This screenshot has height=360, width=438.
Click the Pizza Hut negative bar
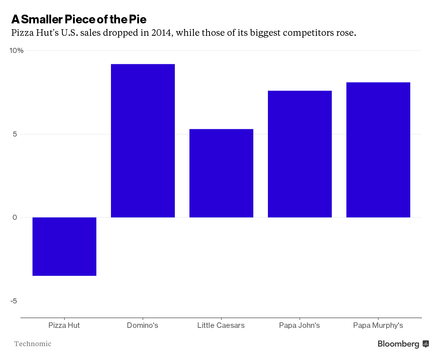point(64,246)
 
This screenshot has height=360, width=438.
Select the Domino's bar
point(143,141)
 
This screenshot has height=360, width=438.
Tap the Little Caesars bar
point(221,173)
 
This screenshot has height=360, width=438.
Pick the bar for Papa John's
point(300,154)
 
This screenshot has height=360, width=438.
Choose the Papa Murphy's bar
point(378,150)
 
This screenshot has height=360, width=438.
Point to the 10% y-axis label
point(16,50)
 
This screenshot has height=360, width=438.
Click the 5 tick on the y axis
point(15,134)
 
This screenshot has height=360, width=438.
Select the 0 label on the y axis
point(15,218)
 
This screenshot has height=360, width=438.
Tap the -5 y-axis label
point(14,301)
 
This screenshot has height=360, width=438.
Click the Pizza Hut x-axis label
point(64,325)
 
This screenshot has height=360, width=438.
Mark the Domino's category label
point(143,325)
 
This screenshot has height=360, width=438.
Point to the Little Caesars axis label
point(221,325)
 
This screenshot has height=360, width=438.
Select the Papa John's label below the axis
point(300,325)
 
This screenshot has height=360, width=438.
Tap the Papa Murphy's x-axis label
point(378,325)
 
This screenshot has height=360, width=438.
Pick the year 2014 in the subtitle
point(161,33)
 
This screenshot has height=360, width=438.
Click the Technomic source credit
point(32,344)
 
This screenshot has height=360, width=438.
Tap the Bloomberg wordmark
point(399,344)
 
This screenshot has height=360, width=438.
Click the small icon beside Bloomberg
point(426,344)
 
